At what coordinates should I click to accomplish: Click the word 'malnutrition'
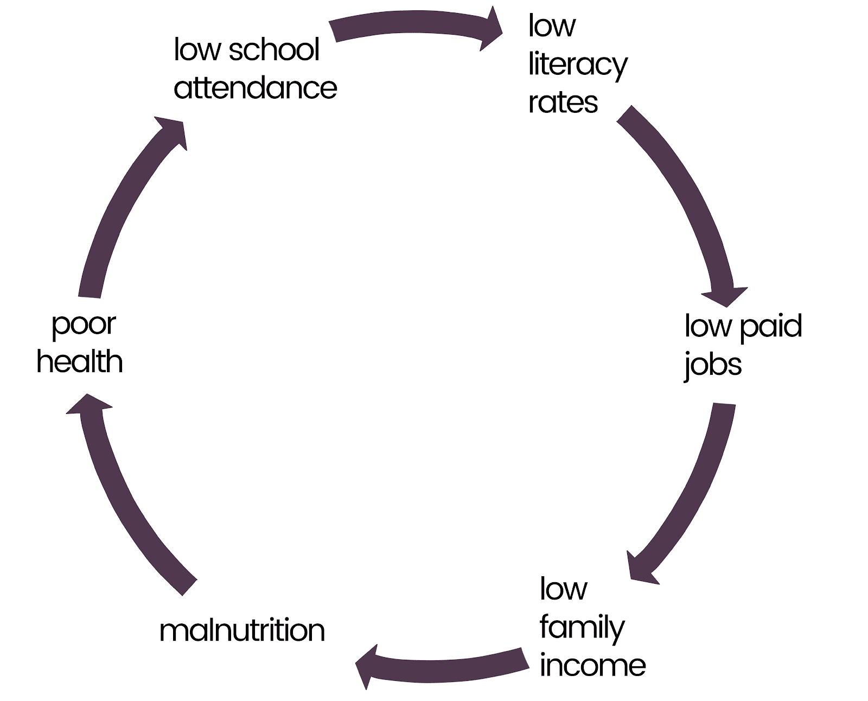point(242,630)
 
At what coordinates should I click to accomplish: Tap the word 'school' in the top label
point(274,50)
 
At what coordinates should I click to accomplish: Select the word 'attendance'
point(255,88)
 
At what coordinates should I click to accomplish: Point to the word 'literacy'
point(578,65)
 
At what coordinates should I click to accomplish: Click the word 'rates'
point(563,103)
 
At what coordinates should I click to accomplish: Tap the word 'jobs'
point(712,365)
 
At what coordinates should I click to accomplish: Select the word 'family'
point(582,628)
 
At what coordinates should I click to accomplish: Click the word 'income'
point(592,666)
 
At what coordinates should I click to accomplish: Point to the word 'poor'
point(84,324)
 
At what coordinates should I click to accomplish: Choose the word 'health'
point(80,362)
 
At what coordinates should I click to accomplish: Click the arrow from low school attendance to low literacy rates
point(412,27)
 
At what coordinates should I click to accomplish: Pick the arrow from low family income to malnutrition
point(445,665)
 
